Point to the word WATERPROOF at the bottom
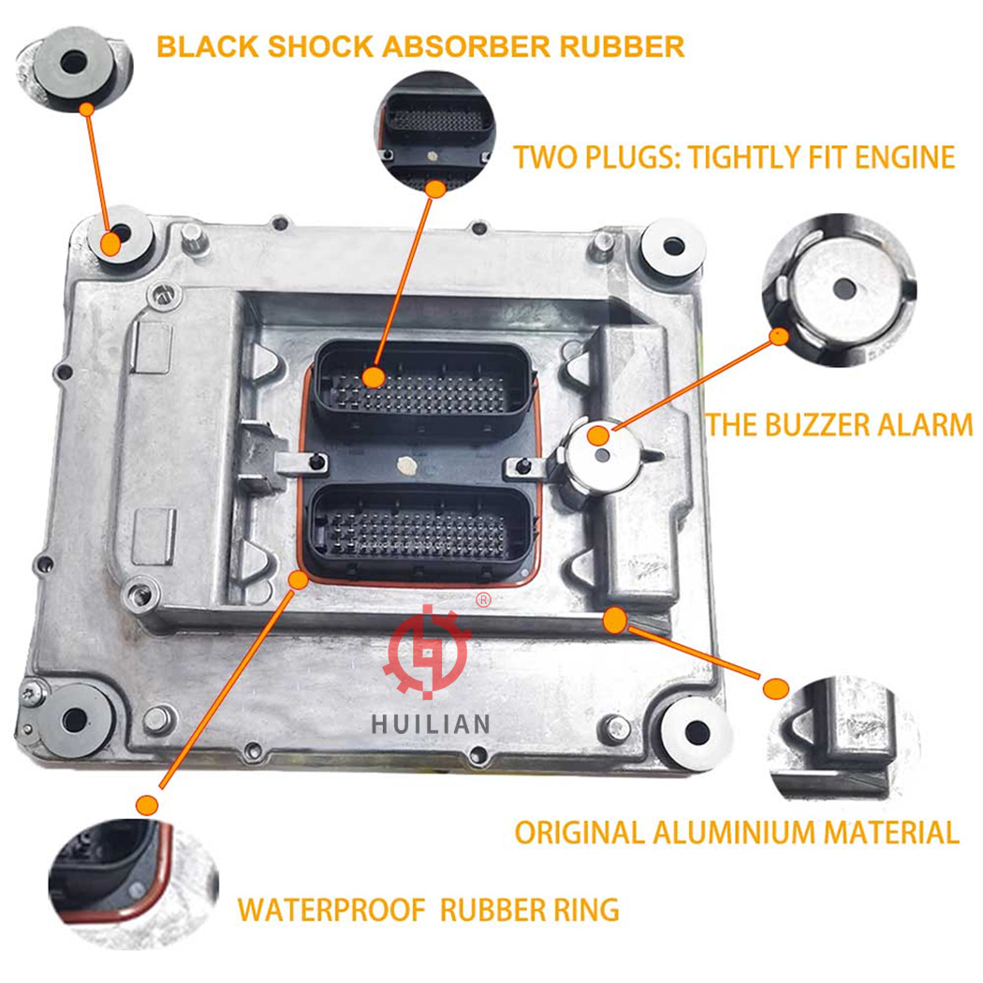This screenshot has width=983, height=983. [331, 910]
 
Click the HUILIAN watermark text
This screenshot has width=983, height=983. [430, 724]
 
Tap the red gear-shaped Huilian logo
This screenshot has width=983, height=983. [429, 651]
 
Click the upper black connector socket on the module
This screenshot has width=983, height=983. [421, 384]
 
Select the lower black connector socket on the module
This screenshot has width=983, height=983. [421, 531]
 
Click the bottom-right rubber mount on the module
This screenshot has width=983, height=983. [697, 730]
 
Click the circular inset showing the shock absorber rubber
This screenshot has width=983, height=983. [74, 69]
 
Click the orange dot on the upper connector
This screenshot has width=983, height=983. [374, 376]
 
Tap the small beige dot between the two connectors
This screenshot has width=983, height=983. [406, 464]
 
